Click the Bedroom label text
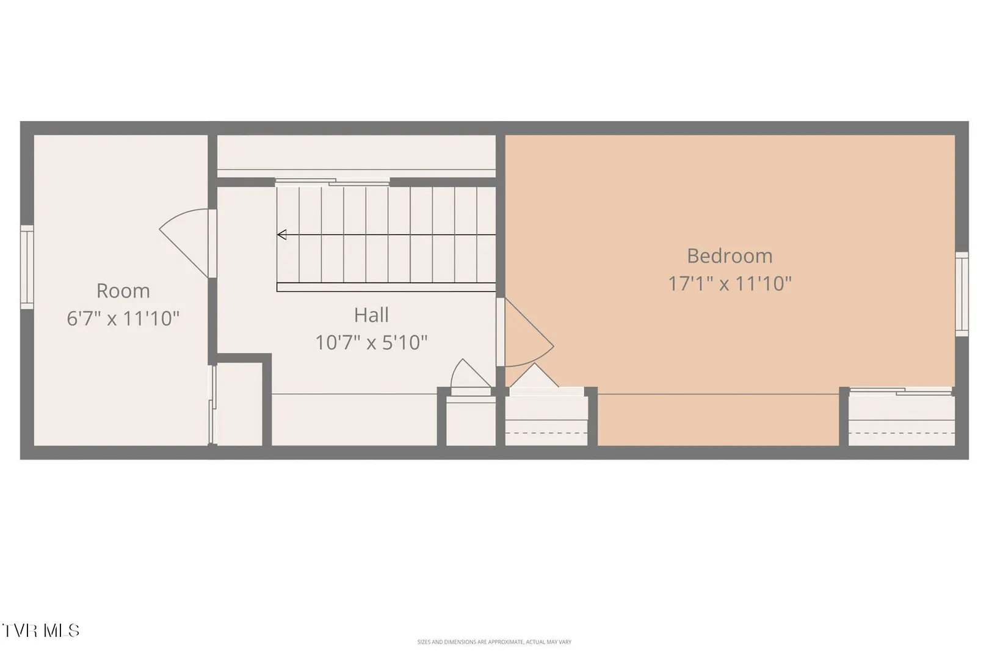pos(730,256)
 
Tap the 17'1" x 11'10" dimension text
pos(730,284)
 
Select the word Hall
pos(371,315)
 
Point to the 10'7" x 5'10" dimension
pos(371,343)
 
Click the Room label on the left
pos(123,291)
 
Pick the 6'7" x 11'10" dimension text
pos(123,318)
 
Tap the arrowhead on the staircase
pos(281,235)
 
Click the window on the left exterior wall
pos(27,267)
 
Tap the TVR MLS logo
pos(41,631)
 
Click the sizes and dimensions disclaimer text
pos(494,642)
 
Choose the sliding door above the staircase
pos(333,182)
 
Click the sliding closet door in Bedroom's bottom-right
pos(900,391)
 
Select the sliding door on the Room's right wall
pos(212,404)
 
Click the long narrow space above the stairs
pos(357,152)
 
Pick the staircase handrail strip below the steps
pos(386,287)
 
